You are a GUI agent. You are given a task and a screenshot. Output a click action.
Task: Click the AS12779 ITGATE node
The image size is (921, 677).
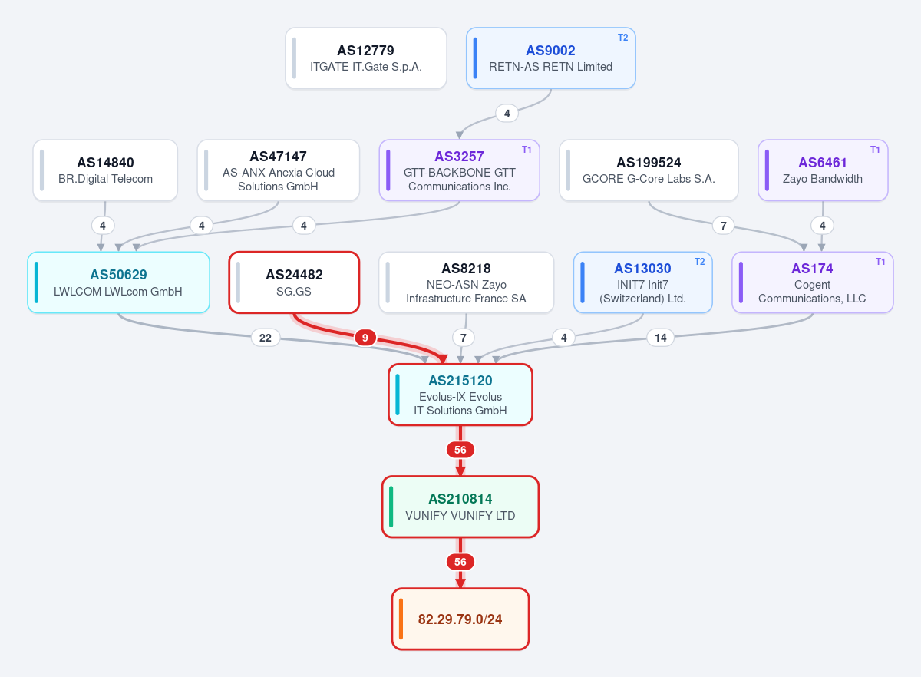click(366, 58)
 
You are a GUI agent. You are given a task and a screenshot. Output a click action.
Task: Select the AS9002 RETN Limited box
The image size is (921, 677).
click(550, 58)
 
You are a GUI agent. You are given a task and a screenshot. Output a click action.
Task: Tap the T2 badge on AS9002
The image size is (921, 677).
click(622, 38)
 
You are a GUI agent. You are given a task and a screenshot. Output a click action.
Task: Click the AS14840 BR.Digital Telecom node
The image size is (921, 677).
click(105, 170)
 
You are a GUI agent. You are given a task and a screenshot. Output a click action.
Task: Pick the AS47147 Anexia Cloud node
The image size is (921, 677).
click(279, 170)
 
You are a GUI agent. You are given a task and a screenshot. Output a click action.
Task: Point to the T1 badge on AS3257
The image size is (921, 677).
click(527, 150)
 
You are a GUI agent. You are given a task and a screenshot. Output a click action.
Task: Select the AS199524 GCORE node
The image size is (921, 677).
click(649, 170)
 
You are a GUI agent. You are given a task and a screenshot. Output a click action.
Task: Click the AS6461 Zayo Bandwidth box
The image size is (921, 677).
click(823, 170)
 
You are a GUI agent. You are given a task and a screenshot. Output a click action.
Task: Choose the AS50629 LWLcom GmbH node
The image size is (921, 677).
click(118, 282)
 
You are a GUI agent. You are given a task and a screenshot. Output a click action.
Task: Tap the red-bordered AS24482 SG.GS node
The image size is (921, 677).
click(294, 282)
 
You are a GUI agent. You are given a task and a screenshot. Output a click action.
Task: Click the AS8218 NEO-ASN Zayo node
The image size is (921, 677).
click(467, 282)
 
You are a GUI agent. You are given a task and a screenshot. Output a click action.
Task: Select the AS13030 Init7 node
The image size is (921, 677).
click(642, 282)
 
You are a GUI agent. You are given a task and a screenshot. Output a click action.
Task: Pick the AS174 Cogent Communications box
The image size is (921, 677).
click(813, 282)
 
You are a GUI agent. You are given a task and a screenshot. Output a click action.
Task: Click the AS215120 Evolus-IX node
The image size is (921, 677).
click(460, 395)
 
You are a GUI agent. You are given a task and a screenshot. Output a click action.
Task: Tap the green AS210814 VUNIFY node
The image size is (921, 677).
click(460, 507)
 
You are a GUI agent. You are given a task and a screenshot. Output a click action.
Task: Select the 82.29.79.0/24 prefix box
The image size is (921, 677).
click(460, 619)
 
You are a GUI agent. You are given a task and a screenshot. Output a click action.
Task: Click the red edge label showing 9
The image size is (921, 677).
click(365, 338)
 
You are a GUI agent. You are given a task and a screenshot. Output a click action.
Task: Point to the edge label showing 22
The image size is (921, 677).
click(266, 338)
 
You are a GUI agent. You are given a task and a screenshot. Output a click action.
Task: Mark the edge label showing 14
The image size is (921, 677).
click(660, 338)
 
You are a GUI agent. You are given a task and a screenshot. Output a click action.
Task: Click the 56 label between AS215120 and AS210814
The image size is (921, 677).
click(460, 450)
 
